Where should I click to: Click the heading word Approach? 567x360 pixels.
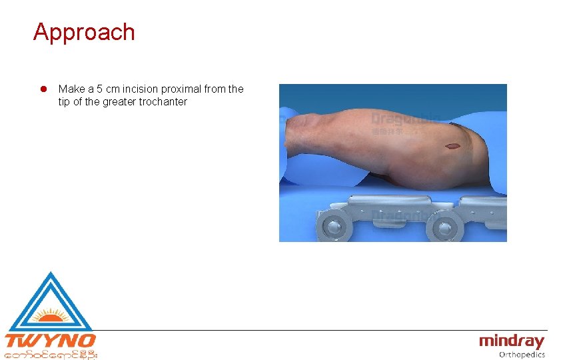[x=84, y=32]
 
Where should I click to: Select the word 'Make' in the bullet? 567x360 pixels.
[x=71, y=89]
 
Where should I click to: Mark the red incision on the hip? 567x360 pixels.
[x=452, y=146]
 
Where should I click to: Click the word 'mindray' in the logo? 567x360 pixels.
[x=512, y=341]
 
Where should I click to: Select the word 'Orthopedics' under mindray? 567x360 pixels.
[x=522, y=355]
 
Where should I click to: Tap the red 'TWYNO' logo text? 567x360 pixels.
[x=50, y=341]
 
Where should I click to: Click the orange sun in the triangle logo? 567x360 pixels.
[x=49, y=313]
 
